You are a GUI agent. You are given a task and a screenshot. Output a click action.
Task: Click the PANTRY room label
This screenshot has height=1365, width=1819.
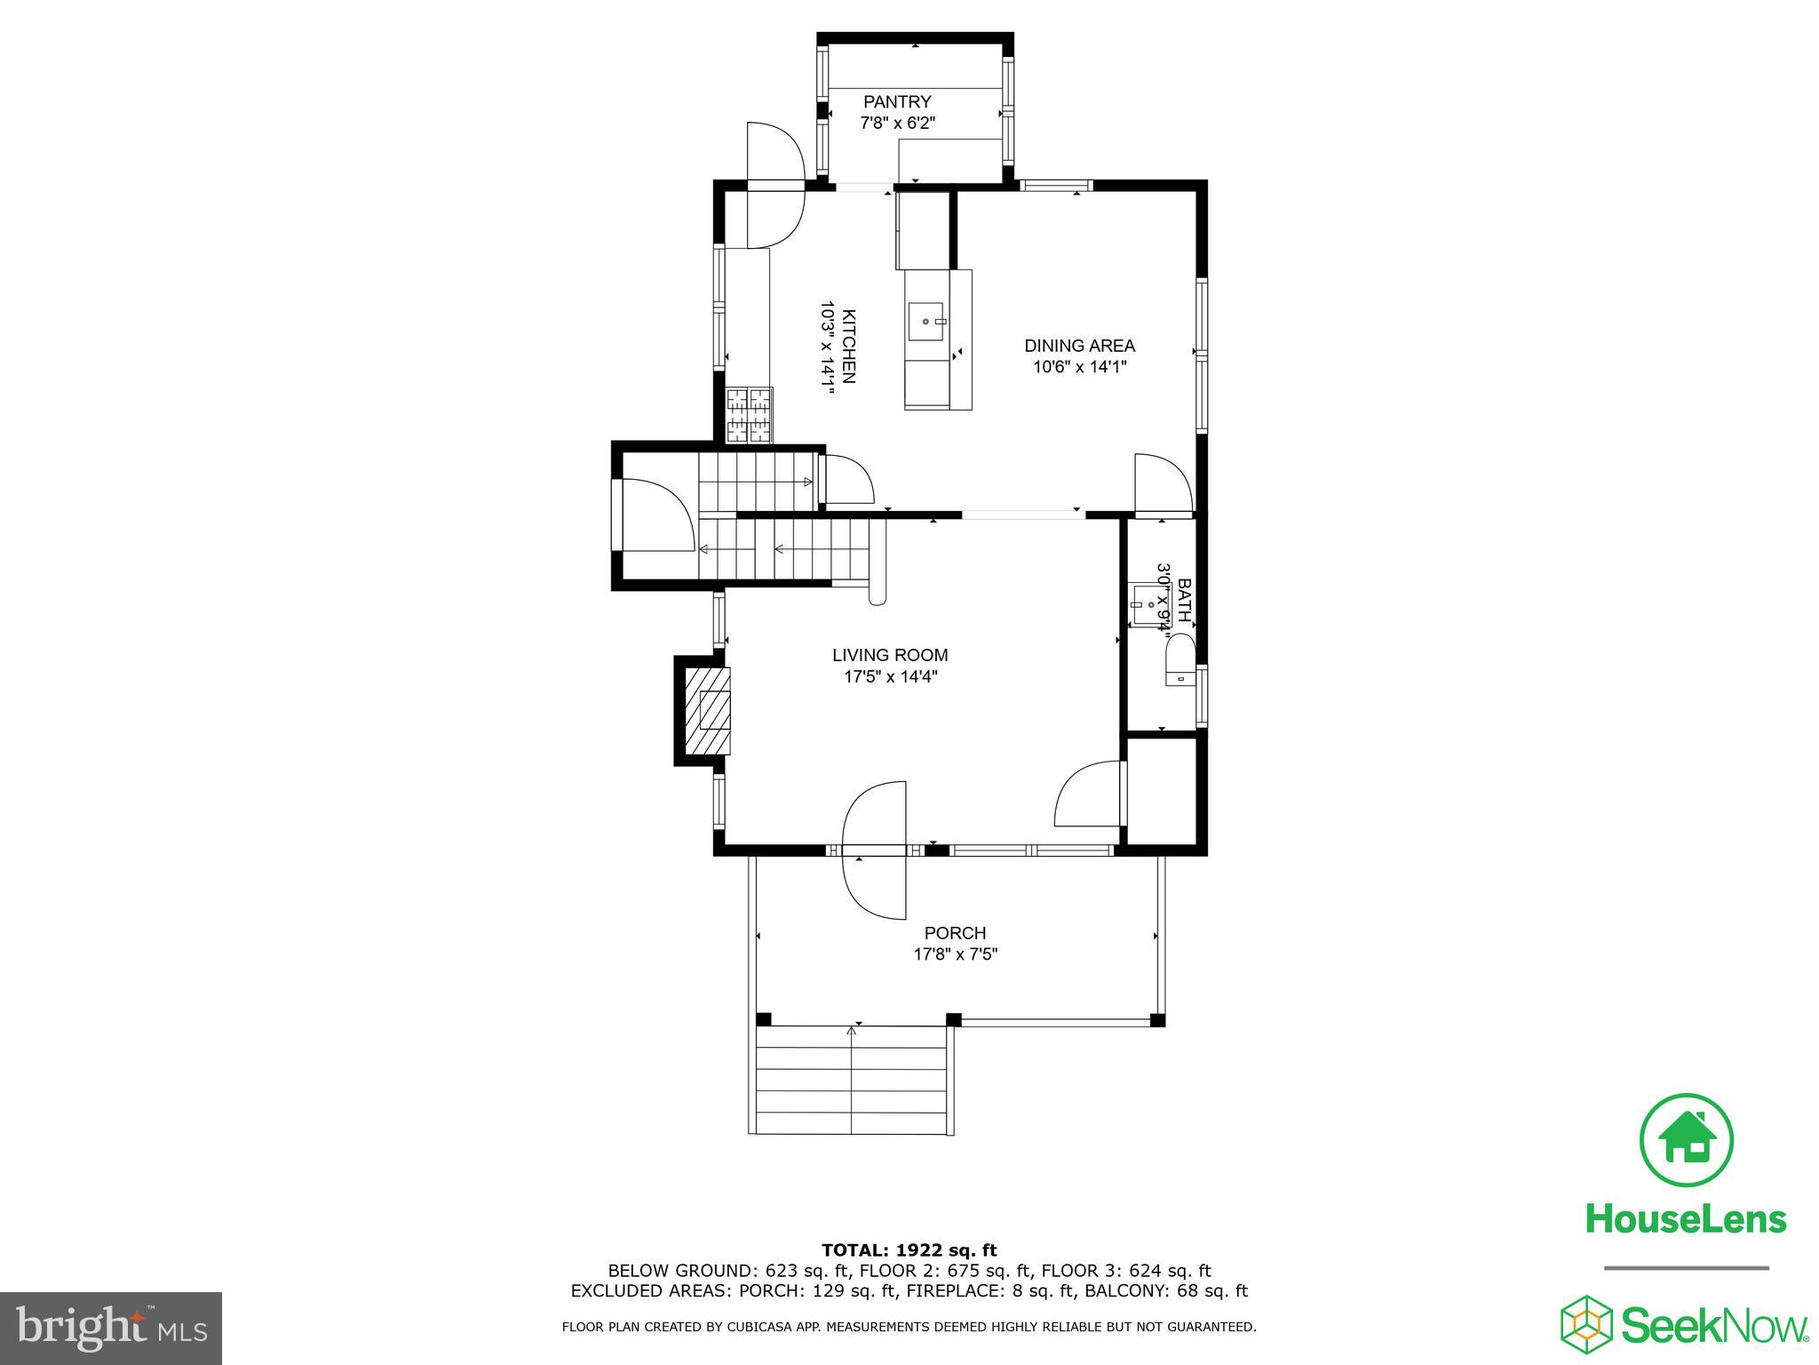(897, 102)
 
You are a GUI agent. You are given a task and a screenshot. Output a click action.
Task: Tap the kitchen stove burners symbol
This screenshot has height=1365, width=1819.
(750, 415)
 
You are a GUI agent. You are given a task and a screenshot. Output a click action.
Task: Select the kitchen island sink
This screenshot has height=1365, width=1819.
(927, 321)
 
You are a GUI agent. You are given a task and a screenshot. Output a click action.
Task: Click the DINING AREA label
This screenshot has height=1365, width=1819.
(1079, 346)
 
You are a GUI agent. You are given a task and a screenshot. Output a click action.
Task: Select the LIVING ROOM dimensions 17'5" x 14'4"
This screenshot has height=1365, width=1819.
(890, 677)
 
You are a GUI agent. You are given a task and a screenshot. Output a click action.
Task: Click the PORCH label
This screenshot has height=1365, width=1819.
(955, 933)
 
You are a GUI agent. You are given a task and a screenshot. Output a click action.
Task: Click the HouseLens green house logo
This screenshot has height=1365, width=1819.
(1686, 1140)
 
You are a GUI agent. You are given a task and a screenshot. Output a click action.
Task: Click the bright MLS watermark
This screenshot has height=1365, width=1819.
(111, 1329)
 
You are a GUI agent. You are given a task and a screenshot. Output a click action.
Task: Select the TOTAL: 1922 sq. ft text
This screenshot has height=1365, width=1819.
(909, 1250)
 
